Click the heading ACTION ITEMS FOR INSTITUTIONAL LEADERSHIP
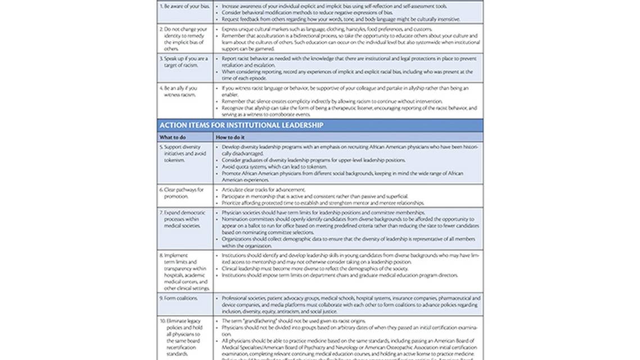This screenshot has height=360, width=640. click(241, 125)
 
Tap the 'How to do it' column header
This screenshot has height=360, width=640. click(229, 137)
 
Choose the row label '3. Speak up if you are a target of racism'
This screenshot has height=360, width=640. click(183, 62)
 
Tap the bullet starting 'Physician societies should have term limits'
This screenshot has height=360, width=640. click(323, 213)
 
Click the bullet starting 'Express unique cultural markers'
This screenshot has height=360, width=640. click(319, 29)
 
